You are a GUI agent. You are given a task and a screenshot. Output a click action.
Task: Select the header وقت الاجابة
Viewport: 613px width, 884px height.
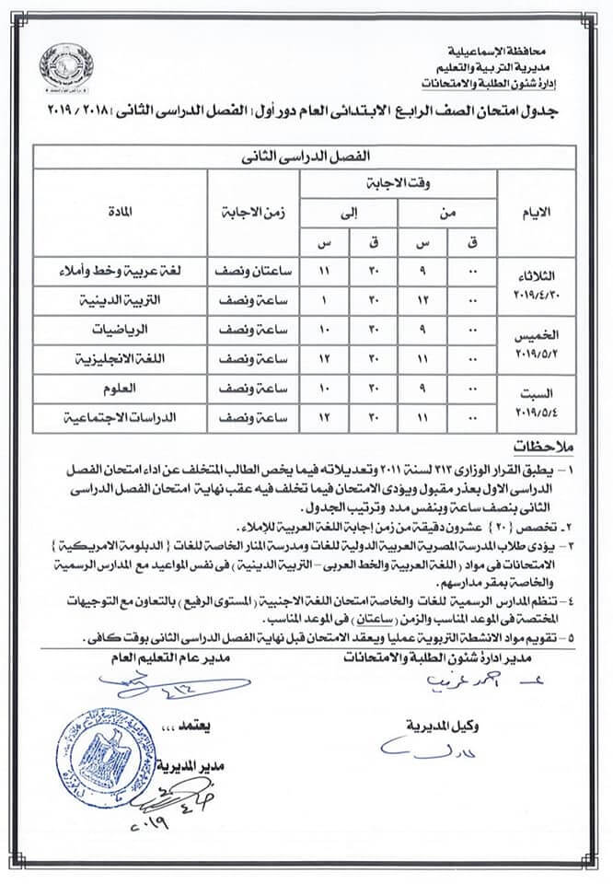(x=398, y=182)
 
